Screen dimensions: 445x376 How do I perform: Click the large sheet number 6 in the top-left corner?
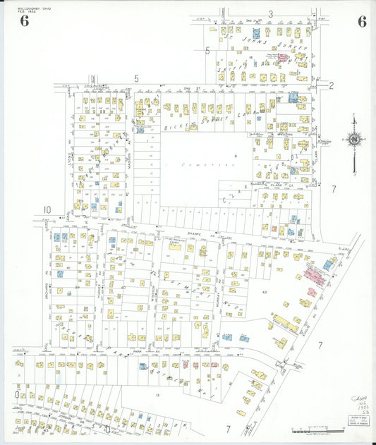25,21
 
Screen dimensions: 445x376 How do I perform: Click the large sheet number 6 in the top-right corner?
361,21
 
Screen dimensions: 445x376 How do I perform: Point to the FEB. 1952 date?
26,12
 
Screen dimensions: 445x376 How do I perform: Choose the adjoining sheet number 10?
47,209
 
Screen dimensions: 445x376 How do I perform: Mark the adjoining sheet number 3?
270,14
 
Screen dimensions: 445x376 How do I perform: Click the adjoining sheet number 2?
331,85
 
